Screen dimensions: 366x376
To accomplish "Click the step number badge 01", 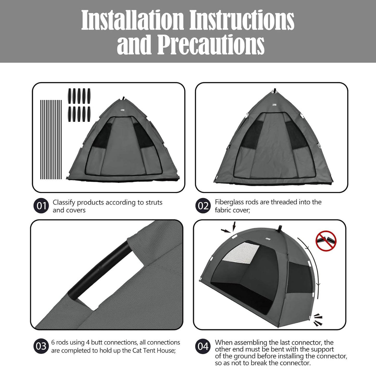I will pyautogui.click(x=41, y=206).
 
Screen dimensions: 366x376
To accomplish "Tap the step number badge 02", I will pyautogui.click(x=203, y=206).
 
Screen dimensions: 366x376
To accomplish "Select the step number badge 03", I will pyautogui.click(x=41, y=346).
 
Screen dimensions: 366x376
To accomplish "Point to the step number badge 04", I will pyautogui.click(x=203, y=346).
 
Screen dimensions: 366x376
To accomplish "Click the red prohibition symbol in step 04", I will pyautogui.click(x=326, y=241).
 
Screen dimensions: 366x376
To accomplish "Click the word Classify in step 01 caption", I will pyautogui.click(x=64, y=202).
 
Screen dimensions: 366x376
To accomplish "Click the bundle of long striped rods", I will pyautogui.click(x=51, y=140).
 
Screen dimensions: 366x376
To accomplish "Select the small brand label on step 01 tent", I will pyautogui.click(x=122, y=110).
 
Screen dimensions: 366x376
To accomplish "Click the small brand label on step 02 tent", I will pyautogui.click(x=274, y=105).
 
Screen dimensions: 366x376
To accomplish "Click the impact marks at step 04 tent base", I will pyautogui.click(x=318, y=320).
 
